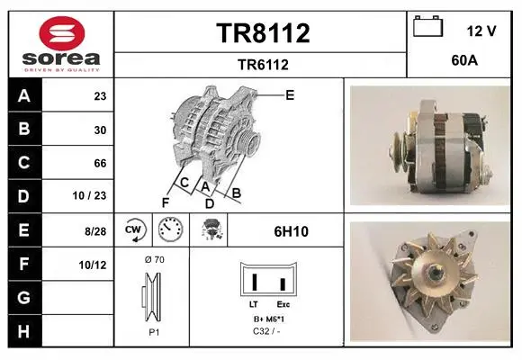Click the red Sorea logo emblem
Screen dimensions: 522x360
tap(62, 33)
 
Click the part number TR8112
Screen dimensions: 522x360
tap(263, 33)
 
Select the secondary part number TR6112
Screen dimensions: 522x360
tap(263, 65)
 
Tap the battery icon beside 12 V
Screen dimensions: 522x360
tap(428, 26)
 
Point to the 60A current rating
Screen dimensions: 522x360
tap(464, 60)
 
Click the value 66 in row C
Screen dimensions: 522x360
tap(100, 163)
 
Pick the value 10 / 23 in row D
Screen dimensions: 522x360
tap(89, 195)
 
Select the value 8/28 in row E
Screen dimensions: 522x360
tap(95, 231)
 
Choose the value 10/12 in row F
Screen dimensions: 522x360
tap(93, 265)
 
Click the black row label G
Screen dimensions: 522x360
tap(25, 298)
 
